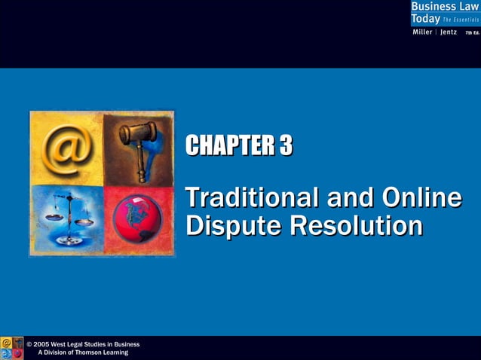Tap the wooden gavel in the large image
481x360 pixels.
tap(139, 145)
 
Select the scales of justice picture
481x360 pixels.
tap(66, 218)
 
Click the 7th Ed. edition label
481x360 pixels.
tap(472, 32)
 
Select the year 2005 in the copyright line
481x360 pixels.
tap(43, 344)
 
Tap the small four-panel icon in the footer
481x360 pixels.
tap(12, 348)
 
